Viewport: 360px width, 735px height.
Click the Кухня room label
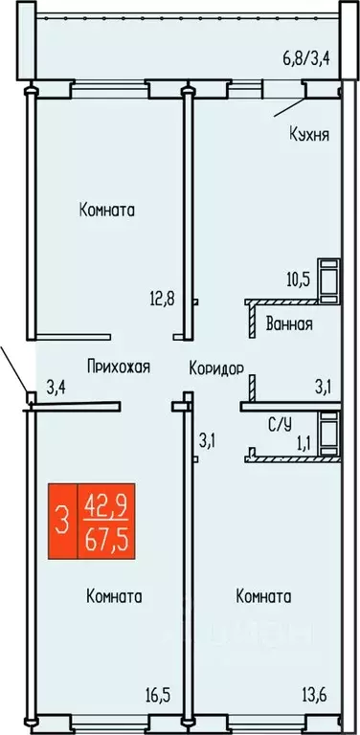pyautogui.click(x=309, y=135)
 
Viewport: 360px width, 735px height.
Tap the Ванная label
pyautogui.click(x=288, y=323)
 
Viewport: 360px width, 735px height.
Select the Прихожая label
pyautogui.click(x=118, y=367)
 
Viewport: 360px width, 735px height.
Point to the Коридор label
pyautogui.click(x=216, y=367)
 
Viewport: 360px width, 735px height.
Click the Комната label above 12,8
pyautogui.click(x=106, y=210)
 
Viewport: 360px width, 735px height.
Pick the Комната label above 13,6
pyautogui.click(x=263, y=596)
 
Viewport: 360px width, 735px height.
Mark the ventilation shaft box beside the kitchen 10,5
pyautogui.click(x=330, y=276)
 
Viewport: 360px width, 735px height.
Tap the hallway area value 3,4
pyautogui.click(x=58, y=388)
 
